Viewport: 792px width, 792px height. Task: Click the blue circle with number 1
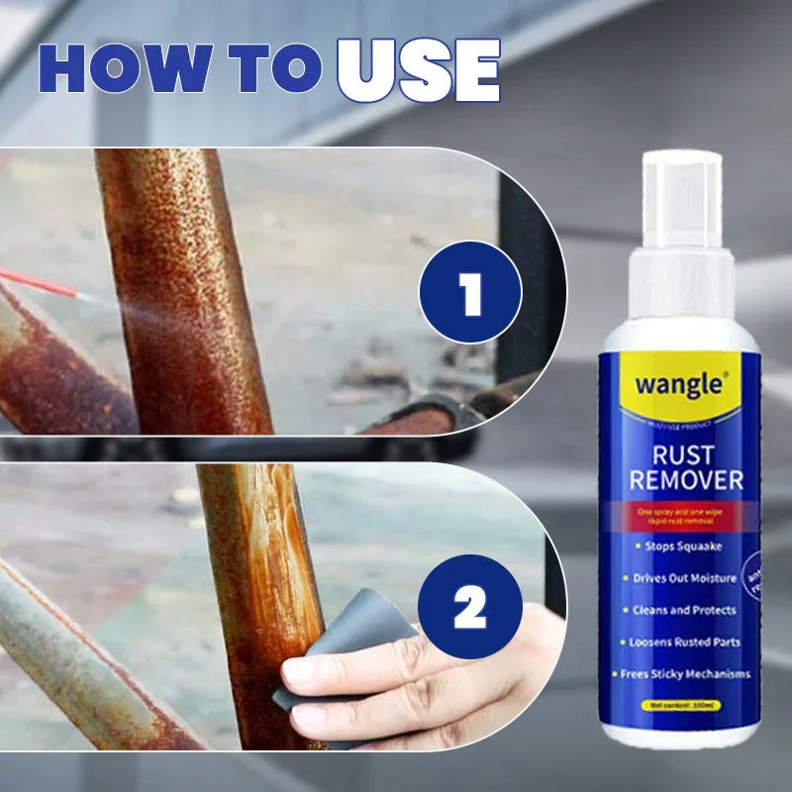click(x=469, y=292)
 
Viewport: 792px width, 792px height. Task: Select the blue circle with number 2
click(x=469, y=607)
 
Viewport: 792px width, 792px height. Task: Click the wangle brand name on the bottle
click(x=678, y=383)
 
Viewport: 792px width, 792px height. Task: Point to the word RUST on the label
click(x=680, y=455)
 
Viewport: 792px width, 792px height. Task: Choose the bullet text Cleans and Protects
click(x=679, y=610)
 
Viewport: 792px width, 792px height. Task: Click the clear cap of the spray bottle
click(x=680, y=198)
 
